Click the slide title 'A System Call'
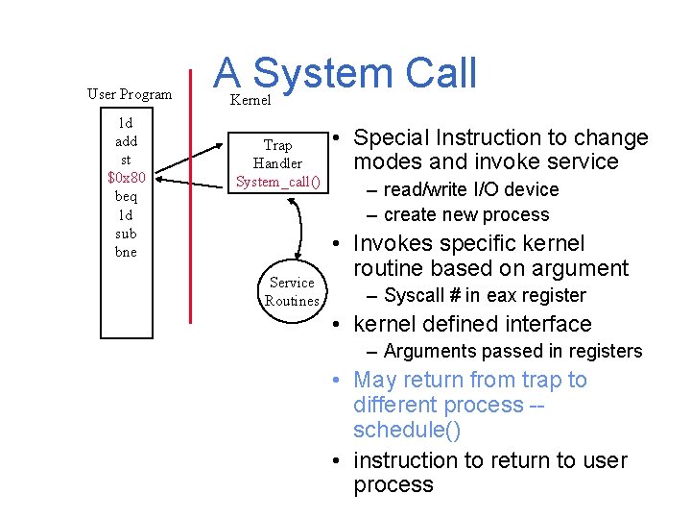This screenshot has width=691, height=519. [345, 73]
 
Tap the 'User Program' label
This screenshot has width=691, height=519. [130, 94]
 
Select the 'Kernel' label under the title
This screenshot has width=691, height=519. [250, 100]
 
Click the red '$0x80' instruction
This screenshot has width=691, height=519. [126, 178]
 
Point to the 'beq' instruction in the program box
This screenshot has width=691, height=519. [126, 196]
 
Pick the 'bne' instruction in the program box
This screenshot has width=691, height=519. [126, 252]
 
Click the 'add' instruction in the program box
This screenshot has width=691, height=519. [126, 141]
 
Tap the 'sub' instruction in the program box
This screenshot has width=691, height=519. [126, 234]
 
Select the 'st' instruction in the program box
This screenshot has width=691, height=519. [126, 160]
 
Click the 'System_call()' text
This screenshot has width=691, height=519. [277, 182]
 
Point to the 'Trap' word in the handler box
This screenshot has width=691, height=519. [277, 145]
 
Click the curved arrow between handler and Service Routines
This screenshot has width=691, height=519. [309, 227]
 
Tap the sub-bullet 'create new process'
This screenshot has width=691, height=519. [466, 214]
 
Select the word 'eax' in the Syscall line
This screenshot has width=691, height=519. [500, 295]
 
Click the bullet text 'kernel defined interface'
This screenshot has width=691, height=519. [472, 324]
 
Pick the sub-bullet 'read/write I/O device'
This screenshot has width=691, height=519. [470, 189]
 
